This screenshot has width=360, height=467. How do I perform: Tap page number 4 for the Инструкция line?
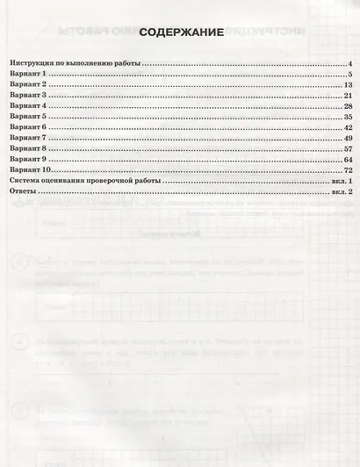click(349, 64)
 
